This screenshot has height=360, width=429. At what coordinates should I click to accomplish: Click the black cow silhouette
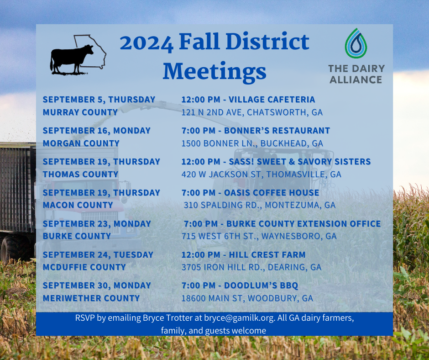click(x=71, y=59)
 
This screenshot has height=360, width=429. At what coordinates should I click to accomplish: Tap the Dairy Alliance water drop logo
click(x=356, y=43)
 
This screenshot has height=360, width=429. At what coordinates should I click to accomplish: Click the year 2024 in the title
click(x=146, y=43)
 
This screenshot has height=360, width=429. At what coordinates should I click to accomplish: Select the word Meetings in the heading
click(x=214, y=72)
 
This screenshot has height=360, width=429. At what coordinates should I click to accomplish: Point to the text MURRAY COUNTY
click(x=80, y=112)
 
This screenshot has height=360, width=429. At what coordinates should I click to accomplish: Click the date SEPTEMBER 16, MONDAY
click(x=97, y=130)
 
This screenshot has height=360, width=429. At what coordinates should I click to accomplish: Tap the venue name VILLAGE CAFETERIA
click(x=272, y=100)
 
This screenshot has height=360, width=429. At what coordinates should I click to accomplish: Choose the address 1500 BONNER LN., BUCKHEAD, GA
click(x=252, y=143)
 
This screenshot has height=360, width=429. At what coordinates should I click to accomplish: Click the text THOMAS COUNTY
click(x=80, y=174)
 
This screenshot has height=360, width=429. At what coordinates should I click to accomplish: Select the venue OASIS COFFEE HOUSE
click(x=272, y=193)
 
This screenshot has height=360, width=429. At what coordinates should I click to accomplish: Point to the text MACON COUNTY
click(x=78, y=205)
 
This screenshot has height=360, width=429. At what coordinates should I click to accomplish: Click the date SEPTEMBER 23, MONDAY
click(x=97, y=223)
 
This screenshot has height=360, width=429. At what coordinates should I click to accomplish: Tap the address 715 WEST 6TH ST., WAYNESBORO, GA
click(x=259, y=236)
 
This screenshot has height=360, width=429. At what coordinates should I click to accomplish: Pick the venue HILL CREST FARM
click(x=267, y=254)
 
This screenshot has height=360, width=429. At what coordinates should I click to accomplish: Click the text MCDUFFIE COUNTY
click(x=84, y=267)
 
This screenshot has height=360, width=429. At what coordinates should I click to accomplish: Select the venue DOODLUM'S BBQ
click(x=261, y=285)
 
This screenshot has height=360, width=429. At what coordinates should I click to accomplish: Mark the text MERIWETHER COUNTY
click(x=91, y=298)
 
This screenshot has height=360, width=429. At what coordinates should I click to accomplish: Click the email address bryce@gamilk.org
click(x=240, y=318)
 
